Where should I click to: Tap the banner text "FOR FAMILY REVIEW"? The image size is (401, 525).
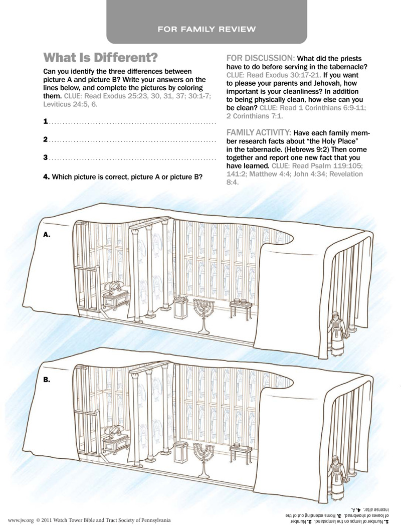pyautogui.click(x=207, y=29)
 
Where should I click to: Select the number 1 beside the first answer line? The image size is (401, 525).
pyautogui.click(x=46, y=121)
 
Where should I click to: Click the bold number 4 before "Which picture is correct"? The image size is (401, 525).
pyautogui.click(x=46, y=177)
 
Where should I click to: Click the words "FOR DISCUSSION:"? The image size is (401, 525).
pyautogui.click(x=261, y=58)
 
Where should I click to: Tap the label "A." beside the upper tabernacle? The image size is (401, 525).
pyautogui.click(x=47, y=234)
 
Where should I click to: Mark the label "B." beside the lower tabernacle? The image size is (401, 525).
pyautogui.click(x=47, y=380)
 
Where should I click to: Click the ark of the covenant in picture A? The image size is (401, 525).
pyautogui.click(x=116, y=297)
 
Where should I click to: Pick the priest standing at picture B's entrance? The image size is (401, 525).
pyautogui.click(x=332, y=477)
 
